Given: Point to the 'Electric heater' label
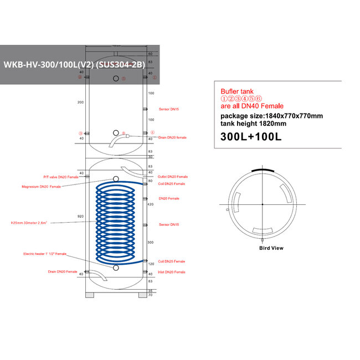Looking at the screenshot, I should click(45, 254).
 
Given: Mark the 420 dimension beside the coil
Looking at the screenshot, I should click(150, 204).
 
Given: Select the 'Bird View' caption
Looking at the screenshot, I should click(271, 248).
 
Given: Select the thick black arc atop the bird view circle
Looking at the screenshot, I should click(261, 170).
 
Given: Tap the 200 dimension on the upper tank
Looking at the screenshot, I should click(81, 102).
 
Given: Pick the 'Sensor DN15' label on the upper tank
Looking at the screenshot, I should click(169, 110).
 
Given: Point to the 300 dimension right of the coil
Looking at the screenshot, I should click(150, 243).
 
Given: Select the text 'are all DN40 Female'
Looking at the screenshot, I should click(252, 106).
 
